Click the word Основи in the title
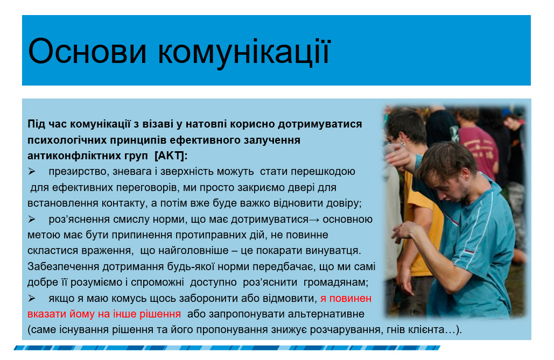pos(87,52)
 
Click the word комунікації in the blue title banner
pos(244,53)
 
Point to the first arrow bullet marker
pos(32,171)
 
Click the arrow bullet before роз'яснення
pos(32,220)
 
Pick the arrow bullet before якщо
pos(32,299)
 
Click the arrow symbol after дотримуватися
pos(314,220)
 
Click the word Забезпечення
pos(64,266)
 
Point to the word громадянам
pos(335,283)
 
